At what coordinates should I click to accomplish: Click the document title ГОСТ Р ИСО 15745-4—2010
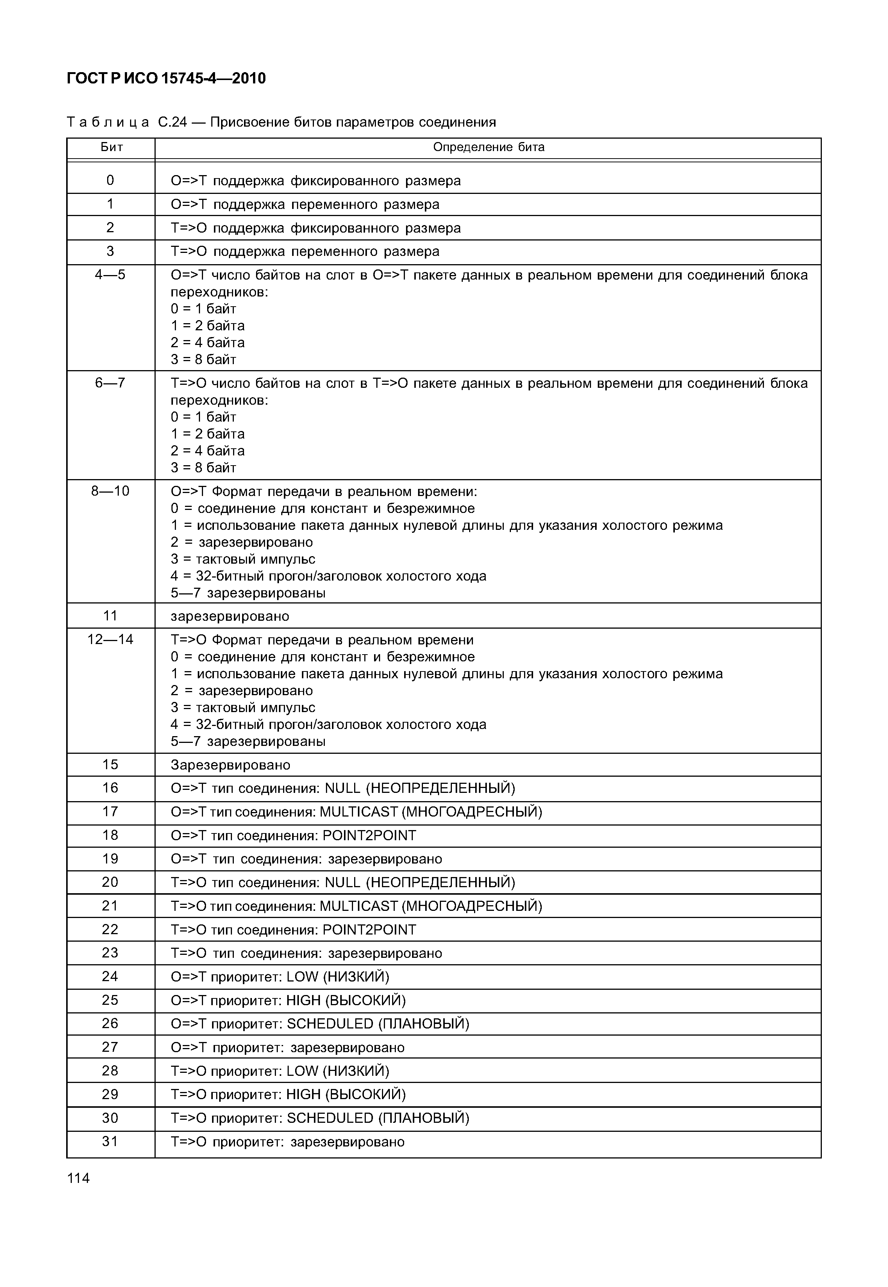tap(166, 79)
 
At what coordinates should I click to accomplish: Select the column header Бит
tap(111, 147)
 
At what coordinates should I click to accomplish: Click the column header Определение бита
tap(488, 147)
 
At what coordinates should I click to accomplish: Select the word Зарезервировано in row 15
tap(230, 765)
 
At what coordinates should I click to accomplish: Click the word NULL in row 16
tap(343, 788)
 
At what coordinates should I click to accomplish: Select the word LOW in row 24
tap(302, 977)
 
